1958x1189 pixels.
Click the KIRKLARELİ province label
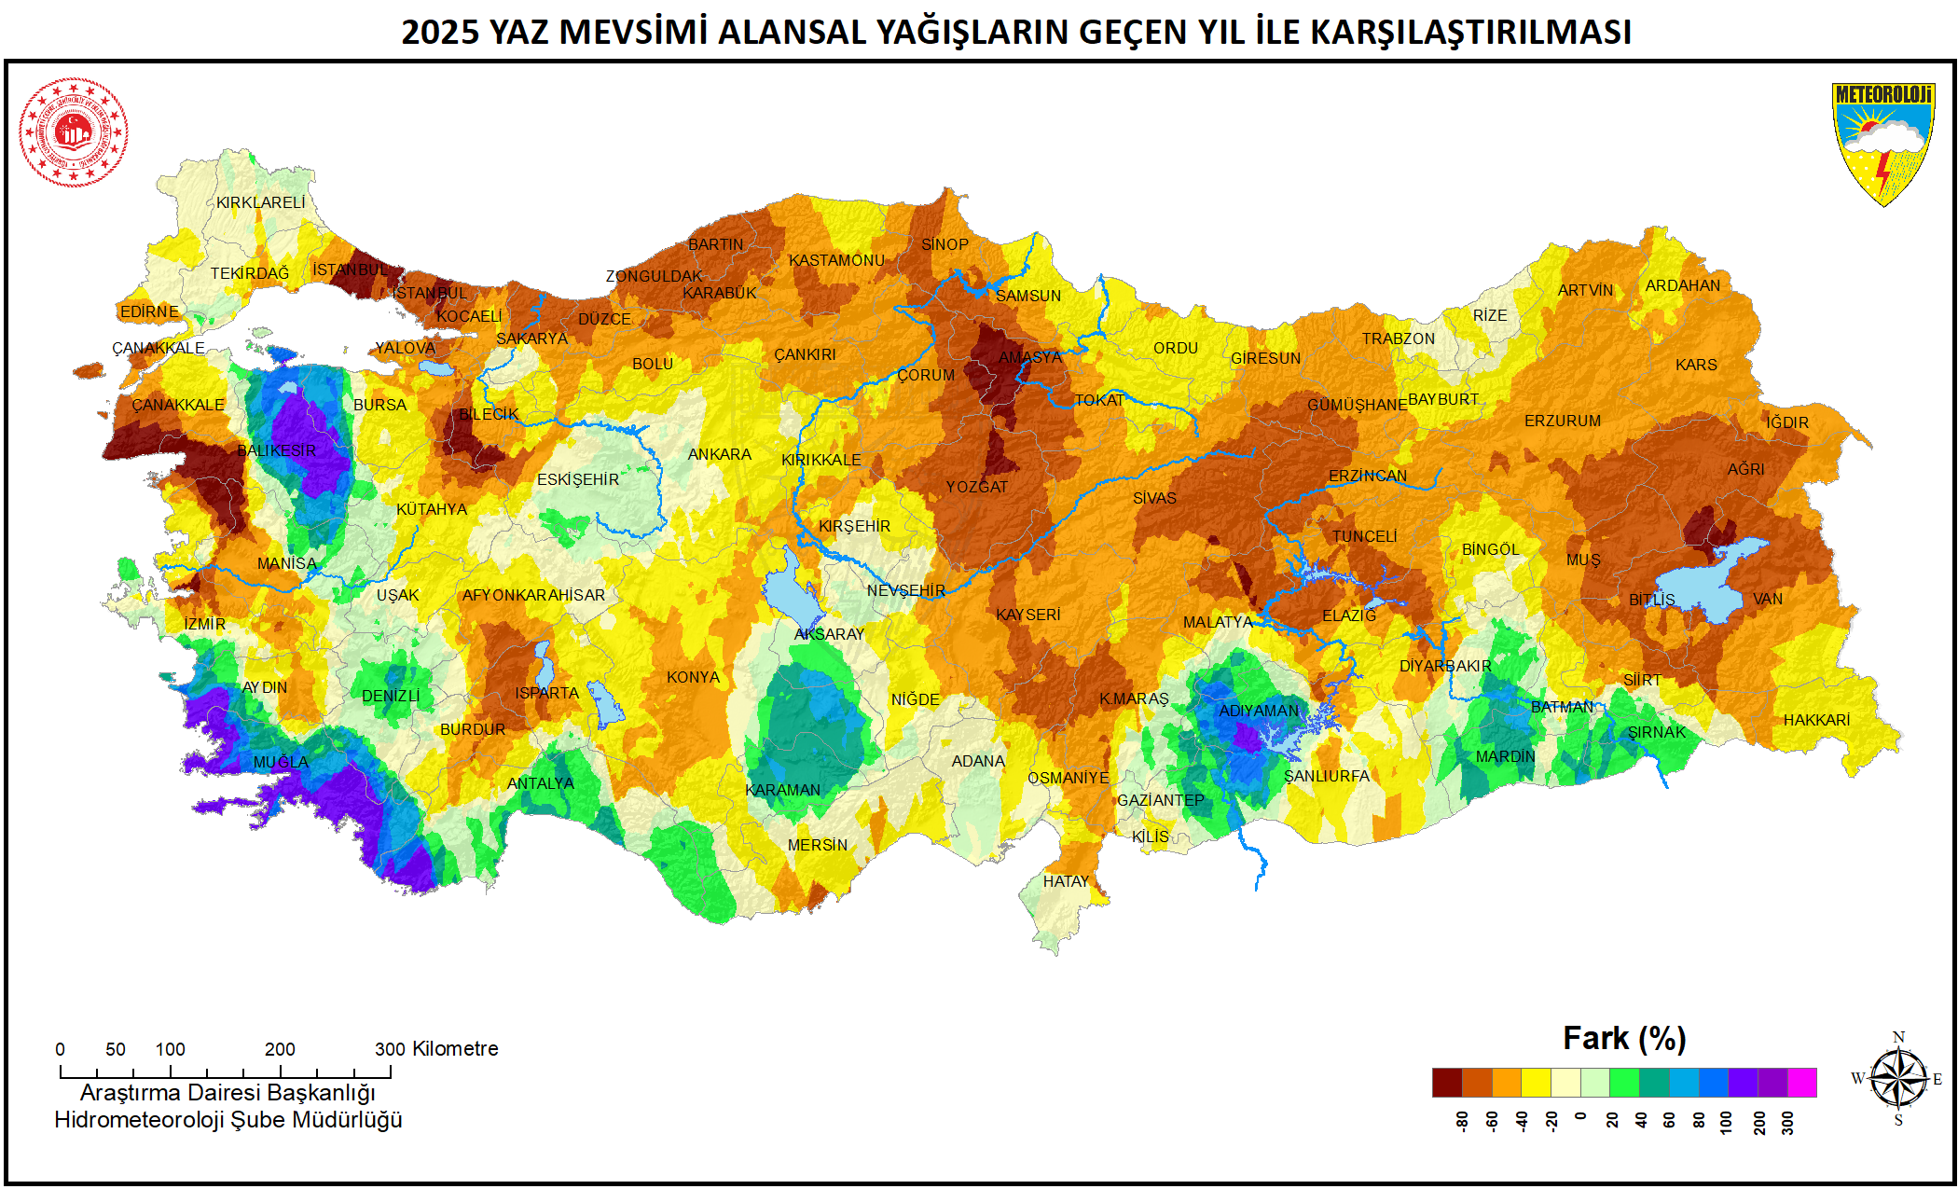tap(260, 202)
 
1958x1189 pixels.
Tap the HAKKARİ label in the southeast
tap(1816, 720)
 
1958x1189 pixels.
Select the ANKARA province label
tap(719, 454)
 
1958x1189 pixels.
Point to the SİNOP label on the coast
tap(945, 244)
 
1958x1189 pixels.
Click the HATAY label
tap(1066, 881)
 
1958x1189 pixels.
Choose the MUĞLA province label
tap(281, 762)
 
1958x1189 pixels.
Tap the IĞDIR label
tap(1786, 422)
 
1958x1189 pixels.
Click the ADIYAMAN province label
tap(1259, 711)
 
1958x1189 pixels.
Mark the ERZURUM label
tap(1563, 421)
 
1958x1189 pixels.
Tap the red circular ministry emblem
tap(74, 131)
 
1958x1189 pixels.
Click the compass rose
tap(1898, 1079)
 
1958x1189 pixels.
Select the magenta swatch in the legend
tap(1801, 1083)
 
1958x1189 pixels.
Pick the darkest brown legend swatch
tap(1447, 1083)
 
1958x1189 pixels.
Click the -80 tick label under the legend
tap(1462, 1121)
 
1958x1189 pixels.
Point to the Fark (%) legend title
tap(1624, 1038)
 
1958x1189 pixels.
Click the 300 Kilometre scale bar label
tap(436, 1048)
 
